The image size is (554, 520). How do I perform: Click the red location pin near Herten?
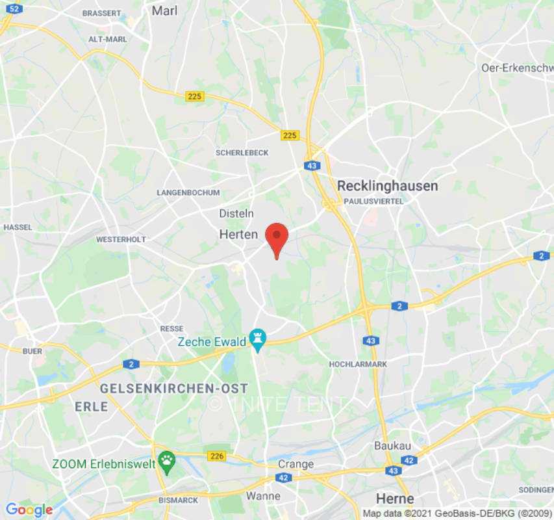(x=277, y=238)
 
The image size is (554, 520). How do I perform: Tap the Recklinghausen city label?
(x=387, y=186)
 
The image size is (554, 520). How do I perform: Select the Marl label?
(x=164, y=10)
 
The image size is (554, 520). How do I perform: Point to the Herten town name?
(x=238, y=235)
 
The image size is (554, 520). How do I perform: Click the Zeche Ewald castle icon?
(x=258, y=338)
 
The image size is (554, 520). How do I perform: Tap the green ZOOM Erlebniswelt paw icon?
(x=168, y=461)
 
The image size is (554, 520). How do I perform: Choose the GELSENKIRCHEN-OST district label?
(x=173, y=389)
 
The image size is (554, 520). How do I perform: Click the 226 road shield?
(x=217, y=456)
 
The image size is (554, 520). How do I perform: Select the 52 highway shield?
(x=16, y=8)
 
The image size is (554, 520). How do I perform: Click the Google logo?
(x=29, y=510)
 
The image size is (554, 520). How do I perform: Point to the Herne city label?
(x=395, y=499)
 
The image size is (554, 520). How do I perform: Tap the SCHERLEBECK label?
(x=242, y=153)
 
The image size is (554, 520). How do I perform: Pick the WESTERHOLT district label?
(x=121, y=239)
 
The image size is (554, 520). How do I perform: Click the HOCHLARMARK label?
(x=358, y=364)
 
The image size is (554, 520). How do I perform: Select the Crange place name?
(x=296, y=464)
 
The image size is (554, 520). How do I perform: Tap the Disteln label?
(x=236, y=214)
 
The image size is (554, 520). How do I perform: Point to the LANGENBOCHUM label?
(x=188, y=193)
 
